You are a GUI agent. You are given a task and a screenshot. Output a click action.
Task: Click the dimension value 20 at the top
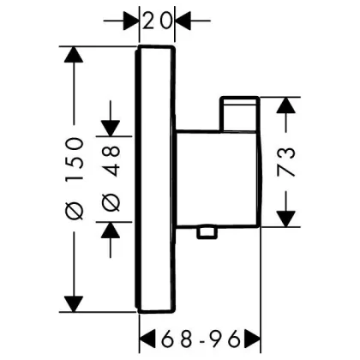click(157, 21)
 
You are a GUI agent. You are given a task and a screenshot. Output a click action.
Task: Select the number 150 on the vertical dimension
click(75, 159)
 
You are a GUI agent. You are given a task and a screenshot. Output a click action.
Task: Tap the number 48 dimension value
click(111, 161)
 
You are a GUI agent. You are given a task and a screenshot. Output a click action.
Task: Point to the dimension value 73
click(285, 161)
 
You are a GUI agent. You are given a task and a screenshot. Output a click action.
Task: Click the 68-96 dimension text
click(200, 339)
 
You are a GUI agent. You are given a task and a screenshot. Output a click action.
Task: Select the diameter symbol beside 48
click(111, 202)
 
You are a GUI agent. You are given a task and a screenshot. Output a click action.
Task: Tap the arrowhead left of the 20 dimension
click(131, 21)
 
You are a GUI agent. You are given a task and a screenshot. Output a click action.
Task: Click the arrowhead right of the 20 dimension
click(183, 21)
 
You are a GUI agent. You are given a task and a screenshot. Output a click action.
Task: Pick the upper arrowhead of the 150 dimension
click(74, 54)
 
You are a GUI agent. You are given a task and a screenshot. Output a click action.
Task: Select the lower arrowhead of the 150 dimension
click(74, 304)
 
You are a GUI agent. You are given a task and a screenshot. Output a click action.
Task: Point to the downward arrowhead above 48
click(111, 129)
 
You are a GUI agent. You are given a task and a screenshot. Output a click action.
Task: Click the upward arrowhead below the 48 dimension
click(111, 230)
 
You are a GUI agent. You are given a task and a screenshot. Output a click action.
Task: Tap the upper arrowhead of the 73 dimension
click(285, 105)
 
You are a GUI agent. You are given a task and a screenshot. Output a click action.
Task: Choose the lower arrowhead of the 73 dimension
click(285, 219)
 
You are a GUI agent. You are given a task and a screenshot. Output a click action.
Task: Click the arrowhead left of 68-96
click(147, 339)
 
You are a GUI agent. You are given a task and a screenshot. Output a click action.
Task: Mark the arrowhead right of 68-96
click(252, 339)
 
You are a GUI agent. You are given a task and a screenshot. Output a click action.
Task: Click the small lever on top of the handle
click(239, 114)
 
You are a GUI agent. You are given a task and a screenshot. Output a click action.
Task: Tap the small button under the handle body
click(207, 232)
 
